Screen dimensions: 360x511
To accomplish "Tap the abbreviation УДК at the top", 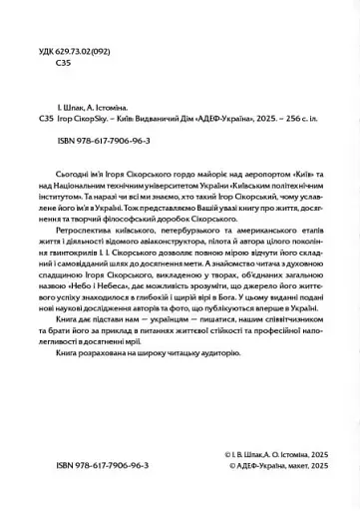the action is coord(42,46).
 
